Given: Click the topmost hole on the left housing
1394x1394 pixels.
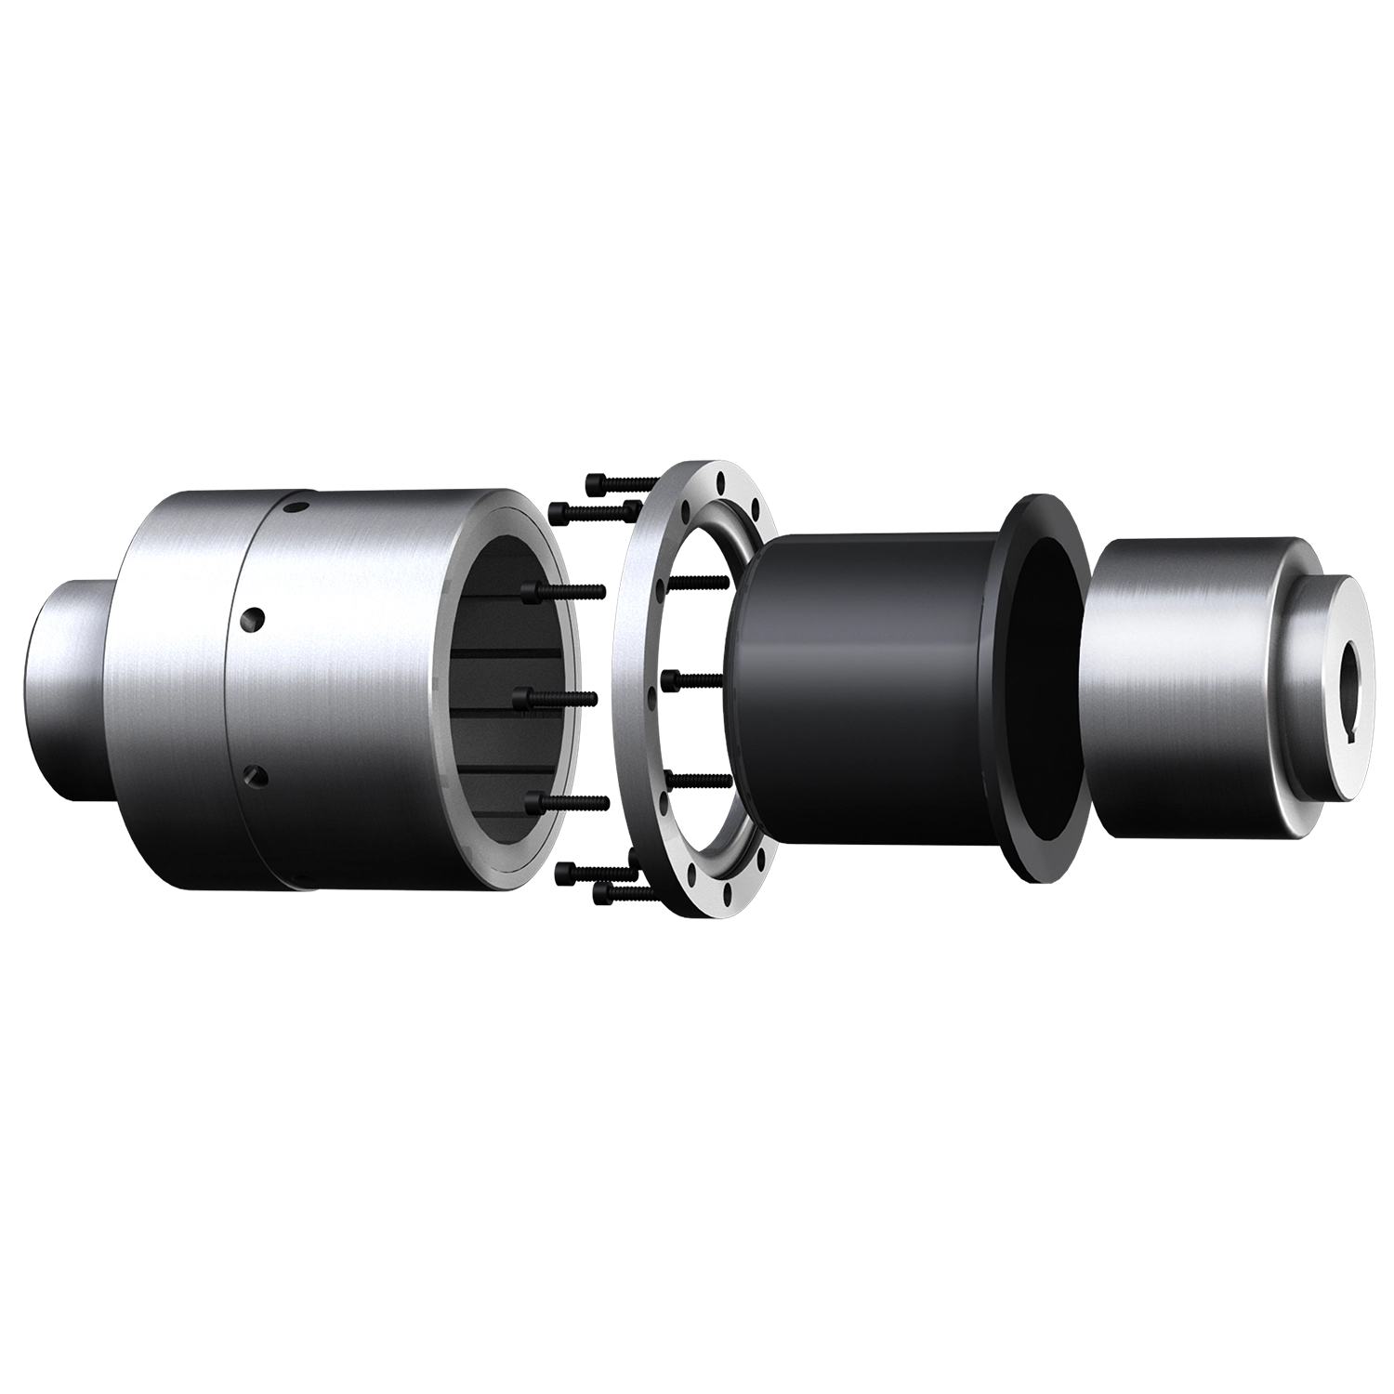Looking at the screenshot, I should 295,507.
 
